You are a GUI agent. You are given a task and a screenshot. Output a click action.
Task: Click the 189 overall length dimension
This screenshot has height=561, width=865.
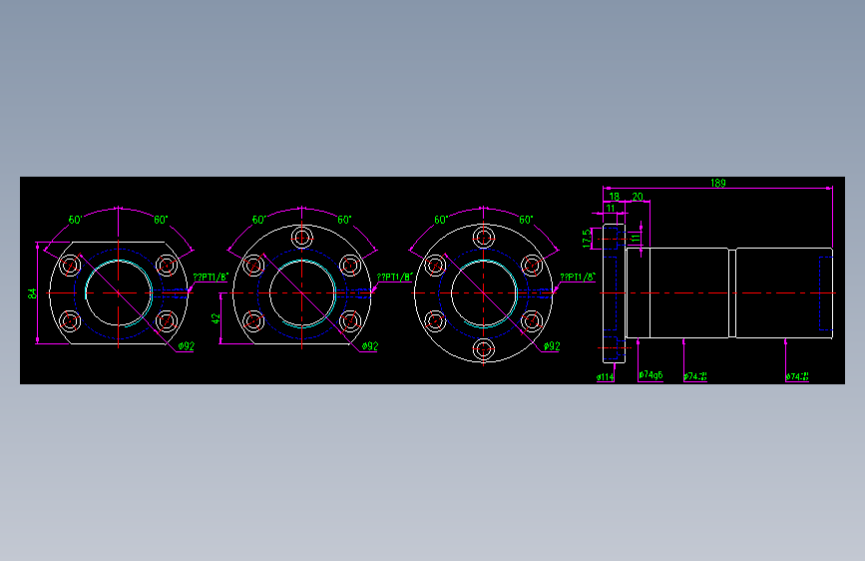point(717,183)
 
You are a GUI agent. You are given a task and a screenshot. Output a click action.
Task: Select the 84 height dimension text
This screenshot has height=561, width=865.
point(32,293)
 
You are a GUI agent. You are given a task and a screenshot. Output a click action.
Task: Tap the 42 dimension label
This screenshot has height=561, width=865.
point(216,318)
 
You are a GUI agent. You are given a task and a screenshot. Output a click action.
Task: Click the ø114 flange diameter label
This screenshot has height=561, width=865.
point(605,377)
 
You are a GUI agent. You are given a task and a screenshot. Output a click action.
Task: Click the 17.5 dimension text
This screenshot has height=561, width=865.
point(587,239)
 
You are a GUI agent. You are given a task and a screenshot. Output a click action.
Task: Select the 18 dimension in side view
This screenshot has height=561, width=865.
point(614,197)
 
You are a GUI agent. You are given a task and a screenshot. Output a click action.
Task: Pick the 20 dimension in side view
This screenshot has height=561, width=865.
point(638,197)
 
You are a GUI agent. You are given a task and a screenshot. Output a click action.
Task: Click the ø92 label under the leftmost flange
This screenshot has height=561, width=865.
point(186,346)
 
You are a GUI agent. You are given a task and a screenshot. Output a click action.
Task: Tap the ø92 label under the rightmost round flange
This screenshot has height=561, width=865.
point(551,346)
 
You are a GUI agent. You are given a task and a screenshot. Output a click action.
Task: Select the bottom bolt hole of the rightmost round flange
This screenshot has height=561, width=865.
point(484,349)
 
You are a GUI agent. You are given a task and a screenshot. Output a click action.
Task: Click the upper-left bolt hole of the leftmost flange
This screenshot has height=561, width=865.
point(71,266)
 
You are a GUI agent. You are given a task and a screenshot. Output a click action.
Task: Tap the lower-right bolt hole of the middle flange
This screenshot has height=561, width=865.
point(349,321)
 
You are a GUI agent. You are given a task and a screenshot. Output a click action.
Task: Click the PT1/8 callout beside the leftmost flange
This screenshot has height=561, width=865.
point(212,278)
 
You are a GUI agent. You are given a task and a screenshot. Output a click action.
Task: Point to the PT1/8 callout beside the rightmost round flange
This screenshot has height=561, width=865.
point(578,278)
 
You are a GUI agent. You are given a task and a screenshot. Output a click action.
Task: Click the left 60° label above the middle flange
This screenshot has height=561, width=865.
point(258,220)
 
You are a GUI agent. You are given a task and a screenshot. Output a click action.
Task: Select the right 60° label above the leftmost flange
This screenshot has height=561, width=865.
point(162,220)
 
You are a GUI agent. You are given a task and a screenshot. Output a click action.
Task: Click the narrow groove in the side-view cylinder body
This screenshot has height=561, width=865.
point(733,293)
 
